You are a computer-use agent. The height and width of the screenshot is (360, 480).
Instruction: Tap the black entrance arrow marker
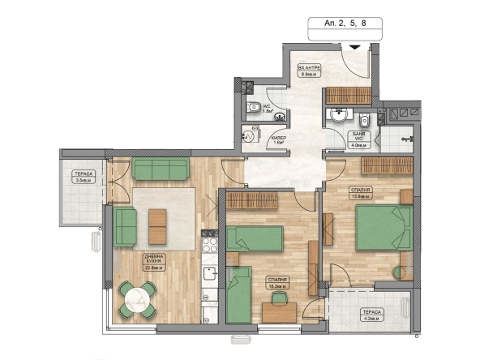coord(354,47)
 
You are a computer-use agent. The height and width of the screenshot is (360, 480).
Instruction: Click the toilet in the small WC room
coord(253,106)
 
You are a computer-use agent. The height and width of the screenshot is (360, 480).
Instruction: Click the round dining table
coord(136,298)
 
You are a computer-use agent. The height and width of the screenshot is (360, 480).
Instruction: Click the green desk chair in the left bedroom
coord(281,300)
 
